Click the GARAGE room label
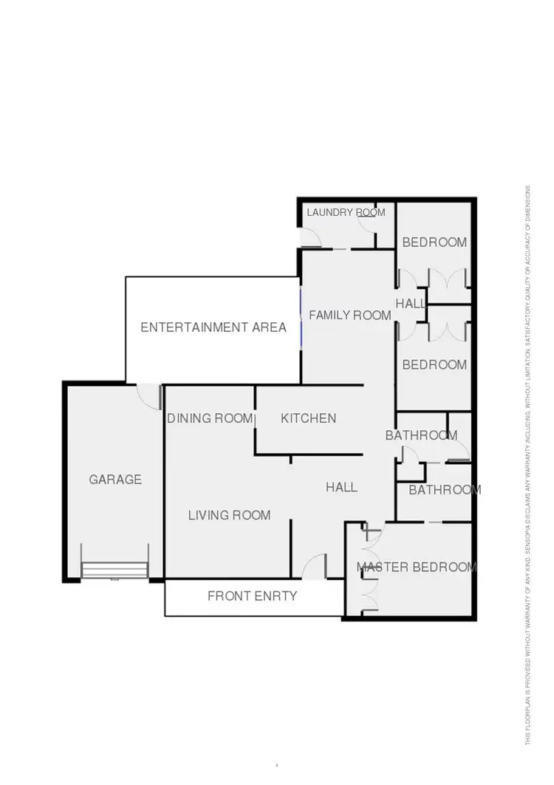(x=115, y=480)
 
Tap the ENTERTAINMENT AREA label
(x=213, y=327)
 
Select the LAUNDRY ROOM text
(x=346, y=213)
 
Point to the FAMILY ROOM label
(x=349, y=316)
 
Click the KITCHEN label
(x=308, y=418)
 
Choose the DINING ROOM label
(x=210, y=418)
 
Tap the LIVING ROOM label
(x=229, y=515)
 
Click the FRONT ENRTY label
(x=252, y=596)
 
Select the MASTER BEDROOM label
(x=417, y=568)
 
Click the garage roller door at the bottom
(x=114, y=570)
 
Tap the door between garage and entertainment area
(x=150, y=395)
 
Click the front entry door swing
(x=315, y=566)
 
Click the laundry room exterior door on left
(x=310, y=237)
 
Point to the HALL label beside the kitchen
(x=341, y=487)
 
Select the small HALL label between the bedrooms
(x=411, y=304)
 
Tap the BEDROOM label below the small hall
(x=434, y=364)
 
